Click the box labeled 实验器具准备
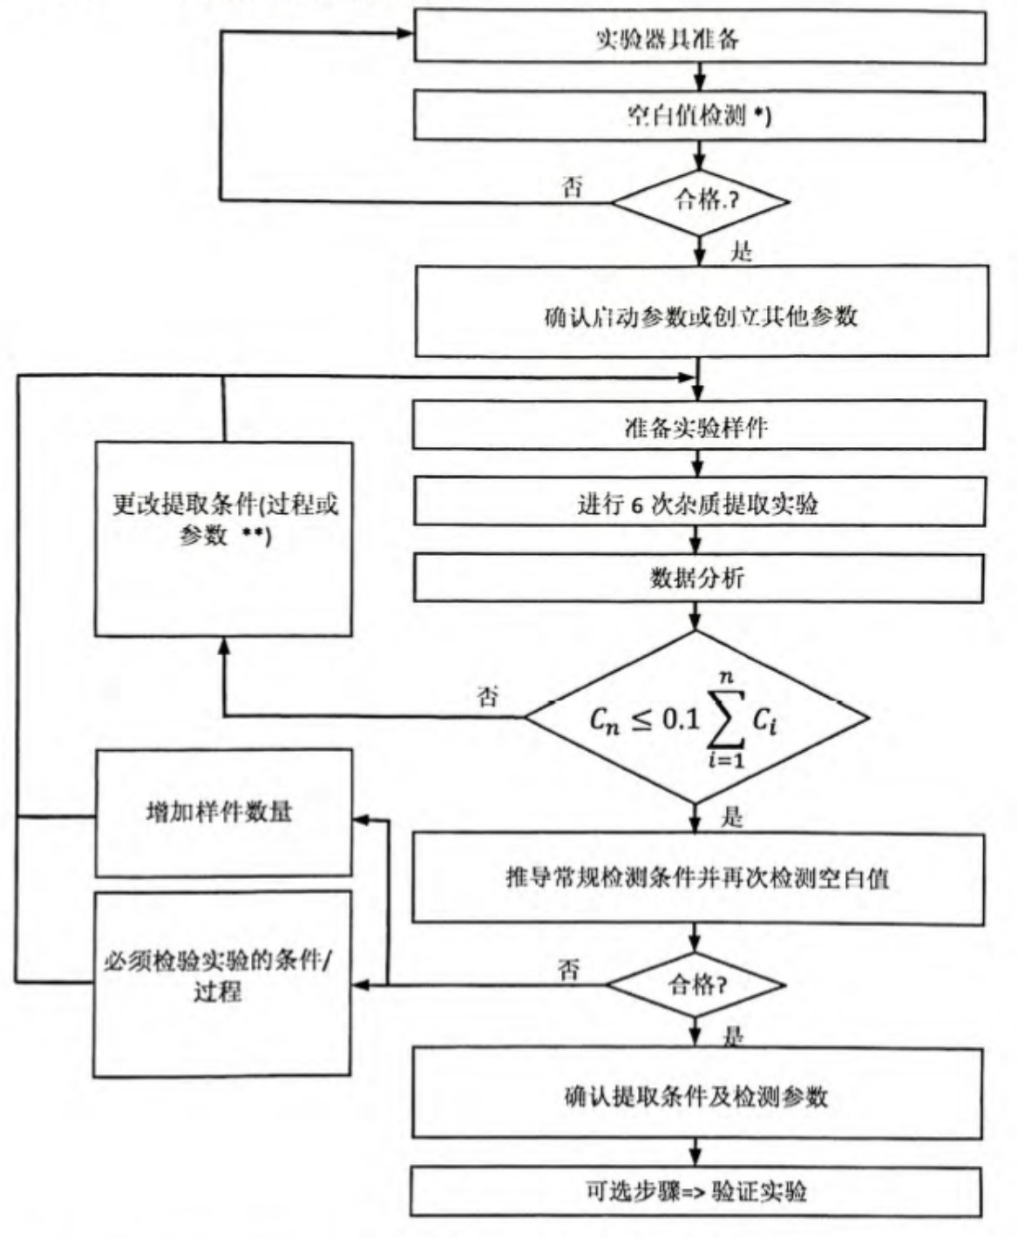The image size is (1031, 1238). (x=700, y=38)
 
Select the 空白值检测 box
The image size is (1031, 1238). (x=700, y=116)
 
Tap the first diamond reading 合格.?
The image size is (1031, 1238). (x=700, y=201)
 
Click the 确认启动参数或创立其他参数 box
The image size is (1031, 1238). (x=702, y=314)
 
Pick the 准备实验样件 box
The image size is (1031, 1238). (x=698, y=426)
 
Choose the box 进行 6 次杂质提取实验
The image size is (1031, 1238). (x=698, y=503)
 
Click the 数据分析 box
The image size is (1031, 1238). (x=698, y=578)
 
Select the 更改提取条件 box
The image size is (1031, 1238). (x=224, y=538)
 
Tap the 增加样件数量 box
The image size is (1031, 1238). (x=224, y=812)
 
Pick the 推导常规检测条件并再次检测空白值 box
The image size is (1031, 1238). (x=698, y=877)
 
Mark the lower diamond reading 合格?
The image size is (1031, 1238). (x=696, y=985)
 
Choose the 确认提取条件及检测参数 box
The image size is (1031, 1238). (x=696, y=1093)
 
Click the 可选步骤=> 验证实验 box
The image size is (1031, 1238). (x=696, y=1191)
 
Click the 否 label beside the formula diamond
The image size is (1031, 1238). (x=489, y=696)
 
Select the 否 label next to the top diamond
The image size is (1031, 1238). (x=573, y=186)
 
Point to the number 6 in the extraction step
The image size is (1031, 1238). (x=638, y=504)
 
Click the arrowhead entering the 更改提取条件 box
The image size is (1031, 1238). (x=224, y=644)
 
